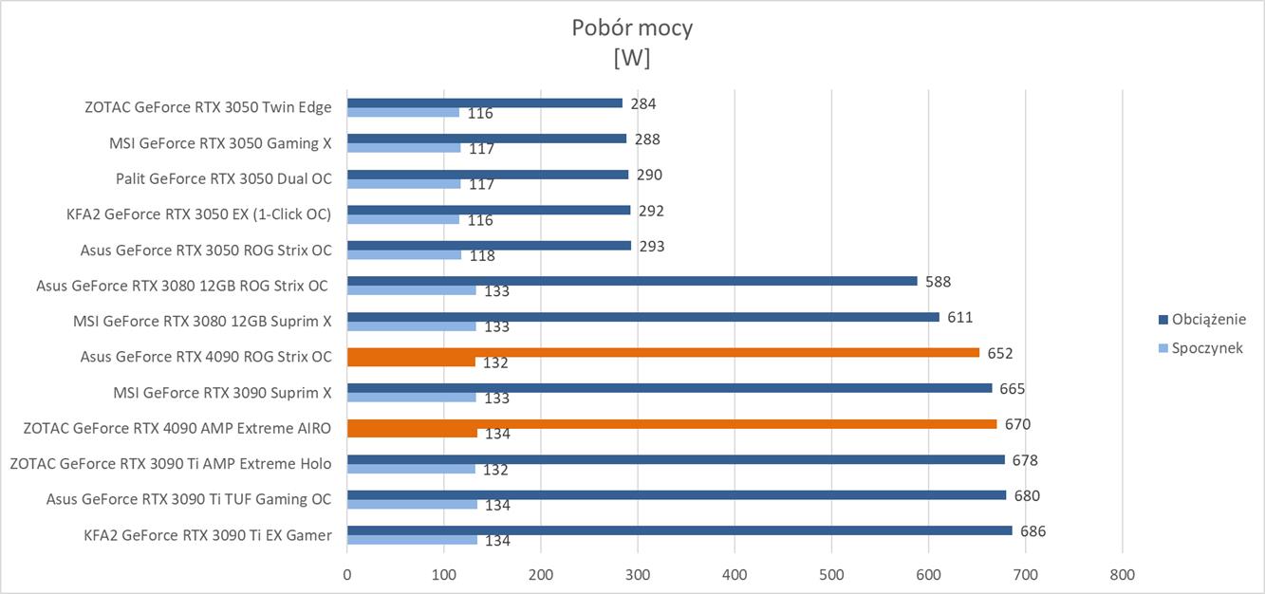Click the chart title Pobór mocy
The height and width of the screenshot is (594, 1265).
[x=632, y=28]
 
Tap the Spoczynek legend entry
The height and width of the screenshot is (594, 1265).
[x=1206, y=348]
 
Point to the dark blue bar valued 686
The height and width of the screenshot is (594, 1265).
[x=679, y=530]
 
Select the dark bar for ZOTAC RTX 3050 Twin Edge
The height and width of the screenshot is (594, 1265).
[x=484, y=103]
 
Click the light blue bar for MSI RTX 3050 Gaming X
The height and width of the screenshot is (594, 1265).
[x=403, y=148]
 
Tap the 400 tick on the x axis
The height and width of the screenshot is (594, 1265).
[x=735, y=574]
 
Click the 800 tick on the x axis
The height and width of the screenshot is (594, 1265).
[x=1122, y=574]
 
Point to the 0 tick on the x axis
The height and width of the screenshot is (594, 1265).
[x=347, y=574]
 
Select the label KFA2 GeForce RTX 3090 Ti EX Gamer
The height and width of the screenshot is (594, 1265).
[x=207, y=535]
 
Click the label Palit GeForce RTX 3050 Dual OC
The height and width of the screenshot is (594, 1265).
[x=223, y=178]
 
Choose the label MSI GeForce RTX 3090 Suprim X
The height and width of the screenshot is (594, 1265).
[x=222, y=393]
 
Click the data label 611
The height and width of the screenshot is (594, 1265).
[x=959, y=317]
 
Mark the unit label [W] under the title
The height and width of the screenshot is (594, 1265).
[x=632, y=57]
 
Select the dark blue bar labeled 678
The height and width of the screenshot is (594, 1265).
[x=676, y=459]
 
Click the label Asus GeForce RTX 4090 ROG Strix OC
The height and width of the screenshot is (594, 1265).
[x=206, y=357]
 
